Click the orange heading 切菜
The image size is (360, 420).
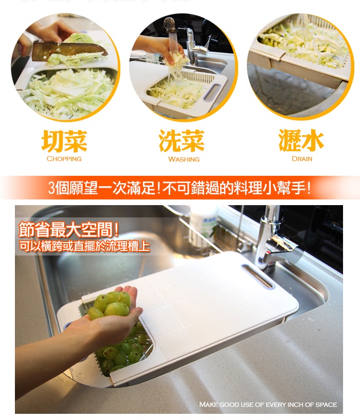pos(64,141)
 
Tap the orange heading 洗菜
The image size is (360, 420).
pos(182,141)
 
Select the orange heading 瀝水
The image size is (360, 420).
pos(301,140)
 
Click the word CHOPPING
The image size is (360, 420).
pos(64,159)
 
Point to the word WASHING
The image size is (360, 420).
pos(184,159)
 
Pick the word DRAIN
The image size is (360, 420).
pos(302,159)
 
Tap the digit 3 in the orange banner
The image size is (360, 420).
pos(52,188)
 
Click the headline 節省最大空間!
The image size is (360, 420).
pos(68,230)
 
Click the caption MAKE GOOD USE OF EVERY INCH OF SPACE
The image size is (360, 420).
pos(268,405)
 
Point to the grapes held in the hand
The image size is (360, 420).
pos(110,305)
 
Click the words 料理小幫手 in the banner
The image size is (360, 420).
pos(269,188)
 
